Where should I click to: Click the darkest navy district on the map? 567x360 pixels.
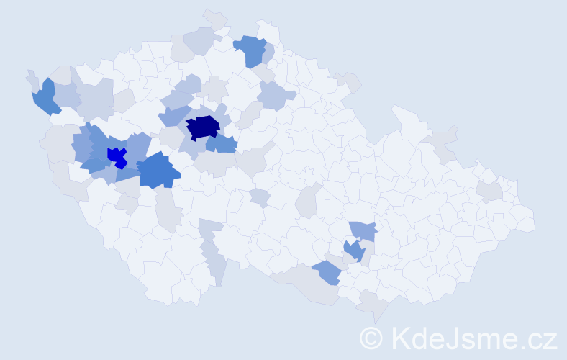(203, 127)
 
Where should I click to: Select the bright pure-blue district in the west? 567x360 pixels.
(116, 156)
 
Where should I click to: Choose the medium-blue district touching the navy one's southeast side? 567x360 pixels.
(222, 144)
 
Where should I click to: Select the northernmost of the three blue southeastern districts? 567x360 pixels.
(363, 230)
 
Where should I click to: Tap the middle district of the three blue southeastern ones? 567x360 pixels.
(353, 250)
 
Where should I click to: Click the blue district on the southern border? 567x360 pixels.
(327, 272)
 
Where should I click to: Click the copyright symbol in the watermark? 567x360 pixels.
(371, 338)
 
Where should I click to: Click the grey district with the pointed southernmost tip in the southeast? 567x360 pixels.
(374, 306)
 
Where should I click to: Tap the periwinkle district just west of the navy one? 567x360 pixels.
(173, 115)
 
